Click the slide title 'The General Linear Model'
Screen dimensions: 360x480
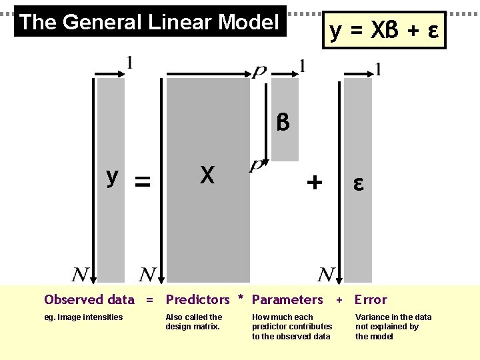pos(149,22)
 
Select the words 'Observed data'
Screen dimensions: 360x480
pos(89,300)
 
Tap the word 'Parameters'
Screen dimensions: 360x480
pos(287,300)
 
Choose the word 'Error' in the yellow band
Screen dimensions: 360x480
pos(371,300)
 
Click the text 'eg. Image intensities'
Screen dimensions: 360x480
pos(83,317)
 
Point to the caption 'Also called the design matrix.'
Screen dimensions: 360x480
pos(194,322)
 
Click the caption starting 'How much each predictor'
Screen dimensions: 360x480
pos(291,327)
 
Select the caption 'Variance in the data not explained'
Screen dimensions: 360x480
pos(393,327)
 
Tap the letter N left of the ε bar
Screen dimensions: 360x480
pos(326,273)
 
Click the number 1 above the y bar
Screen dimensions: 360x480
pos(129,63)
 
